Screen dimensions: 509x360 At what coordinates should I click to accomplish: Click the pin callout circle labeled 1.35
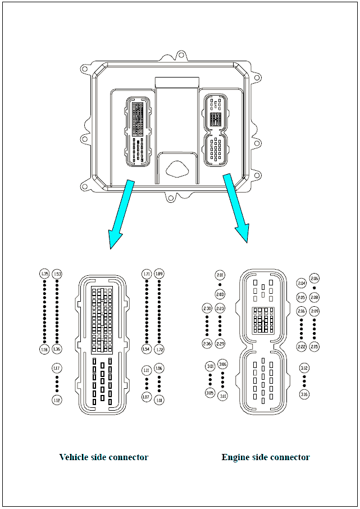(44, 274)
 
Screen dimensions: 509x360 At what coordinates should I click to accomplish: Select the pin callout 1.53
(57, 274)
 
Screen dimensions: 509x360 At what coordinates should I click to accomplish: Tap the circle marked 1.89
(159, 274)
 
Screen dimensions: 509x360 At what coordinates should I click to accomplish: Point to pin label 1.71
(147, 274)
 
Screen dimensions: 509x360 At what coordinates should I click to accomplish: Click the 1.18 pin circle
(44, 349)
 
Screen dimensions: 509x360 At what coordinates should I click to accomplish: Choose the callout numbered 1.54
(147, 349)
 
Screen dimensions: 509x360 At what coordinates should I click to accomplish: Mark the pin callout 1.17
(57, 369)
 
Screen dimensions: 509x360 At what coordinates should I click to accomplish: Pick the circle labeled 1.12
(57, 400)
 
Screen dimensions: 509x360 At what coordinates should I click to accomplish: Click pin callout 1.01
(159, 400)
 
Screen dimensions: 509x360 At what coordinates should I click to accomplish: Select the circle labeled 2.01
(220, 275)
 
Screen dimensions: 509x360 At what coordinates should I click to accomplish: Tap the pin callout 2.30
(207, 309)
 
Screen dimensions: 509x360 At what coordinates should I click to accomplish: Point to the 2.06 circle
(314, 279)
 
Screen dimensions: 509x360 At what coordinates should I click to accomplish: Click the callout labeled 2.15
(314, 347)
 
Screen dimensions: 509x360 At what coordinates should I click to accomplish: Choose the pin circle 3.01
(210, 367)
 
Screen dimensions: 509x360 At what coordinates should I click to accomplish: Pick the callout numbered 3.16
(304, 394)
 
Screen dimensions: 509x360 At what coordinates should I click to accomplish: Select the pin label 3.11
(223, 396)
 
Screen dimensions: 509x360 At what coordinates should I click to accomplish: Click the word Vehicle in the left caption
(74, 457)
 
